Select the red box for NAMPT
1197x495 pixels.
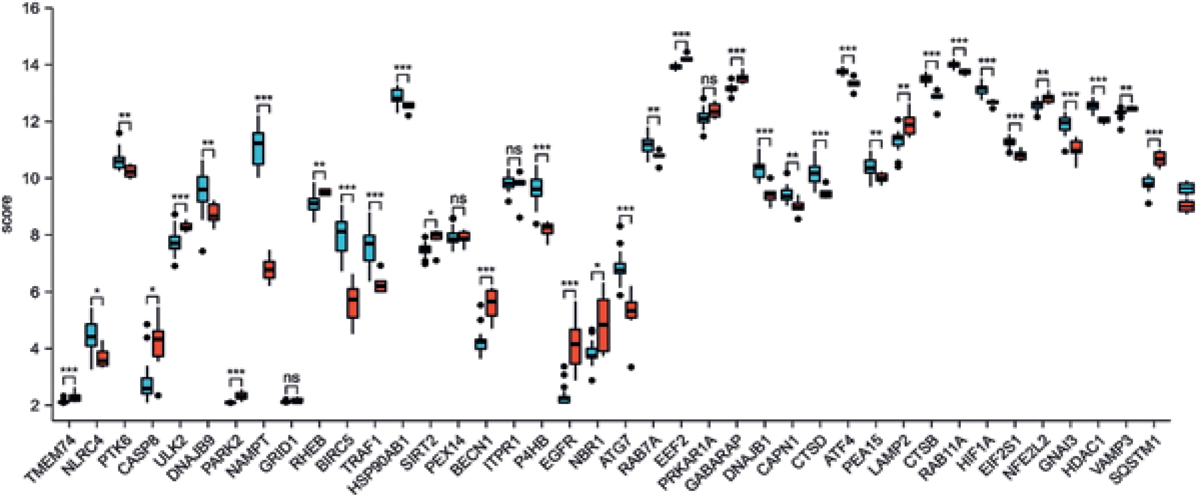pos(269,270)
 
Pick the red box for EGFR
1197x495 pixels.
pos(575,346)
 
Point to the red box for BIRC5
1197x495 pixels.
pos(353,303)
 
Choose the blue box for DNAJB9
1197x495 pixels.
pos(203,189)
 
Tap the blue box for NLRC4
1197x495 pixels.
pos(92,334)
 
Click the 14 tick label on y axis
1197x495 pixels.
pos(32,65)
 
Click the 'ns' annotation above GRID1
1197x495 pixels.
pos(292,377)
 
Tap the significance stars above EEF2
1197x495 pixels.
pos(681,34)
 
